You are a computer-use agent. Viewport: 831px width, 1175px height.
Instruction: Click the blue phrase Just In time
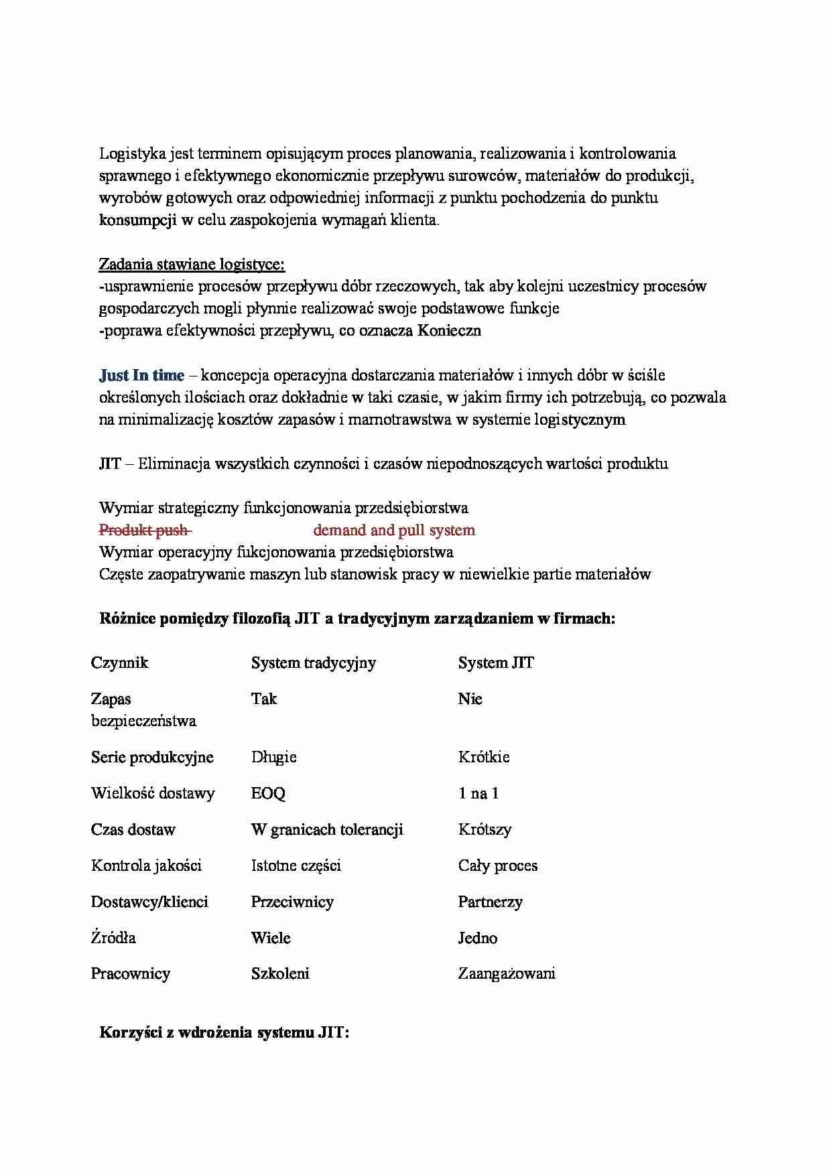141,375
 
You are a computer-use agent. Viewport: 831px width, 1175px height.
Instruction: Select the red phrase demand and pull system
394,531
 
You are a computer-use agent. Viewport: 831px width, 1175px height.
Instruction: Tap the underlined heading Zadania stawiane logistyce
192,265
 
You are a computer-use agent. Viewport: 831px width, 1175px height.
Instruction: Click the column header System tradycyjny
313,663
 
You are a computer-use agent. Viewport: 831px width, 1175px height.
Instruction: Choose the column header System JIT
496,663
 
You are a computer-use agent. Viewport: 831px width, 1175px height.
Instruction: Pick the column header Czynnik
119,663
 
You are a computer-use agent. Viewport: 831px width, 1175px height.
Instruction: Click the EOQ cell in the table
268,793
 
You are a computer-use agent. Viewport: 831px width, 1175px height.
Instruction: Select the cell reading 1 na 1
478,793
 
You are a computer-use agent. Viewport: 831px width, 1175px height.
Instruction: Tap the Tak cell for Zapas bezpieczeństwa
264,699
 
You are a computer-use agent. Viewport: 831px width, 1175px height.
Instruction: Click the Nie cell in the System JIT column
470,699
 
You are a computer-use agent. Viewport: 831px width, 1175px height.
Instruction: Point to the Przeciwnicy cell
292,902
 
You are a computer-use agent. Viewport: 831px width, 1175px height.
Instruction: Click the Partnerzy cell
490,902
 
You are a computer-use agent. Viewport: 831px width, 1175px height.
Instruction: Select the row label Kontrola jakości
146,866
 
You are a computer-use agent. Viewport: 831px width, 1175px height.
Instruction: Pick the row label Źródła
113,938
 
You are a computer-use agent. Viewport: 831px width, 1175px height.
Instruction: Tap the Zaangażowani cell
507,973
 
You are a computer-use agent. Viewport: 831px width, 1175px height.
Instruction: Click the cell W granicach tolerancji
327,829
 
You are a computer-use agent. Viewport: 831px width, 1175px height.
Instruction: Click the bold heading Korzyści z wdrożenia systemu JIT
225,1032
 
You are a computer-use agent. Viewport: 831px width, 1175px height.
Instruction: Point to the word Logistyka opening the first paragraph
132,153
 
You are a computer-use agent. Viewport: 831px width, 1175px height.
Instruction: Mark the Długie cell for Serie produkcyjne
273,757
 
